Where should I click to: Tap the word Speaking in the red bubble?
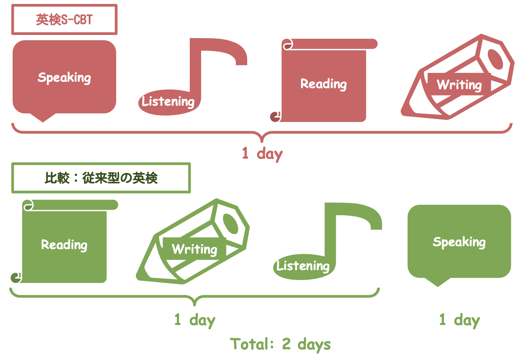[x=64, y=78]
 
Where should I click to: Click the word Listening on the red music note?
[x=168, y=102]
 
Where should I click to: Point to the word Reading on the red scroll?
[x=324, y=84]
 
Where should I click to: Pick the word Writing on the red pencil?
[x=459, y=85]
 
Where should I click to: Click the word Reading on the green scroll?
[x=64, y=245]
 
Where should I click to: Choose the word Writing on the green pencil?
[x=195, y=249]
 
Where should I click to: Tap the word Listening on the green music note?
[x=303, y=266]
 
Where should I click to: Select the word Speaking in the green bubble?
[x=459, y=242]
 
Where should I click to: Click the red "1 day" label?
[x=262, y=154]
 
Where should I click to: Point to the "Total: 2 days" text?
[x=280, y=344]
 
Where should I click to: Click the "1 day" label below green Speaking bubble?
[x=460, y=321]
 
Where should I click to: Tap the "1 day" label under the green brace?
[x=195, y=321]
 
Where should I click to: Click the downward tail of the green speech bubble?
[x=438, y=282]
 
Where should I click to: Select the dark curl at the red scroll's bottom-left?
[x=275, y=117]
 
